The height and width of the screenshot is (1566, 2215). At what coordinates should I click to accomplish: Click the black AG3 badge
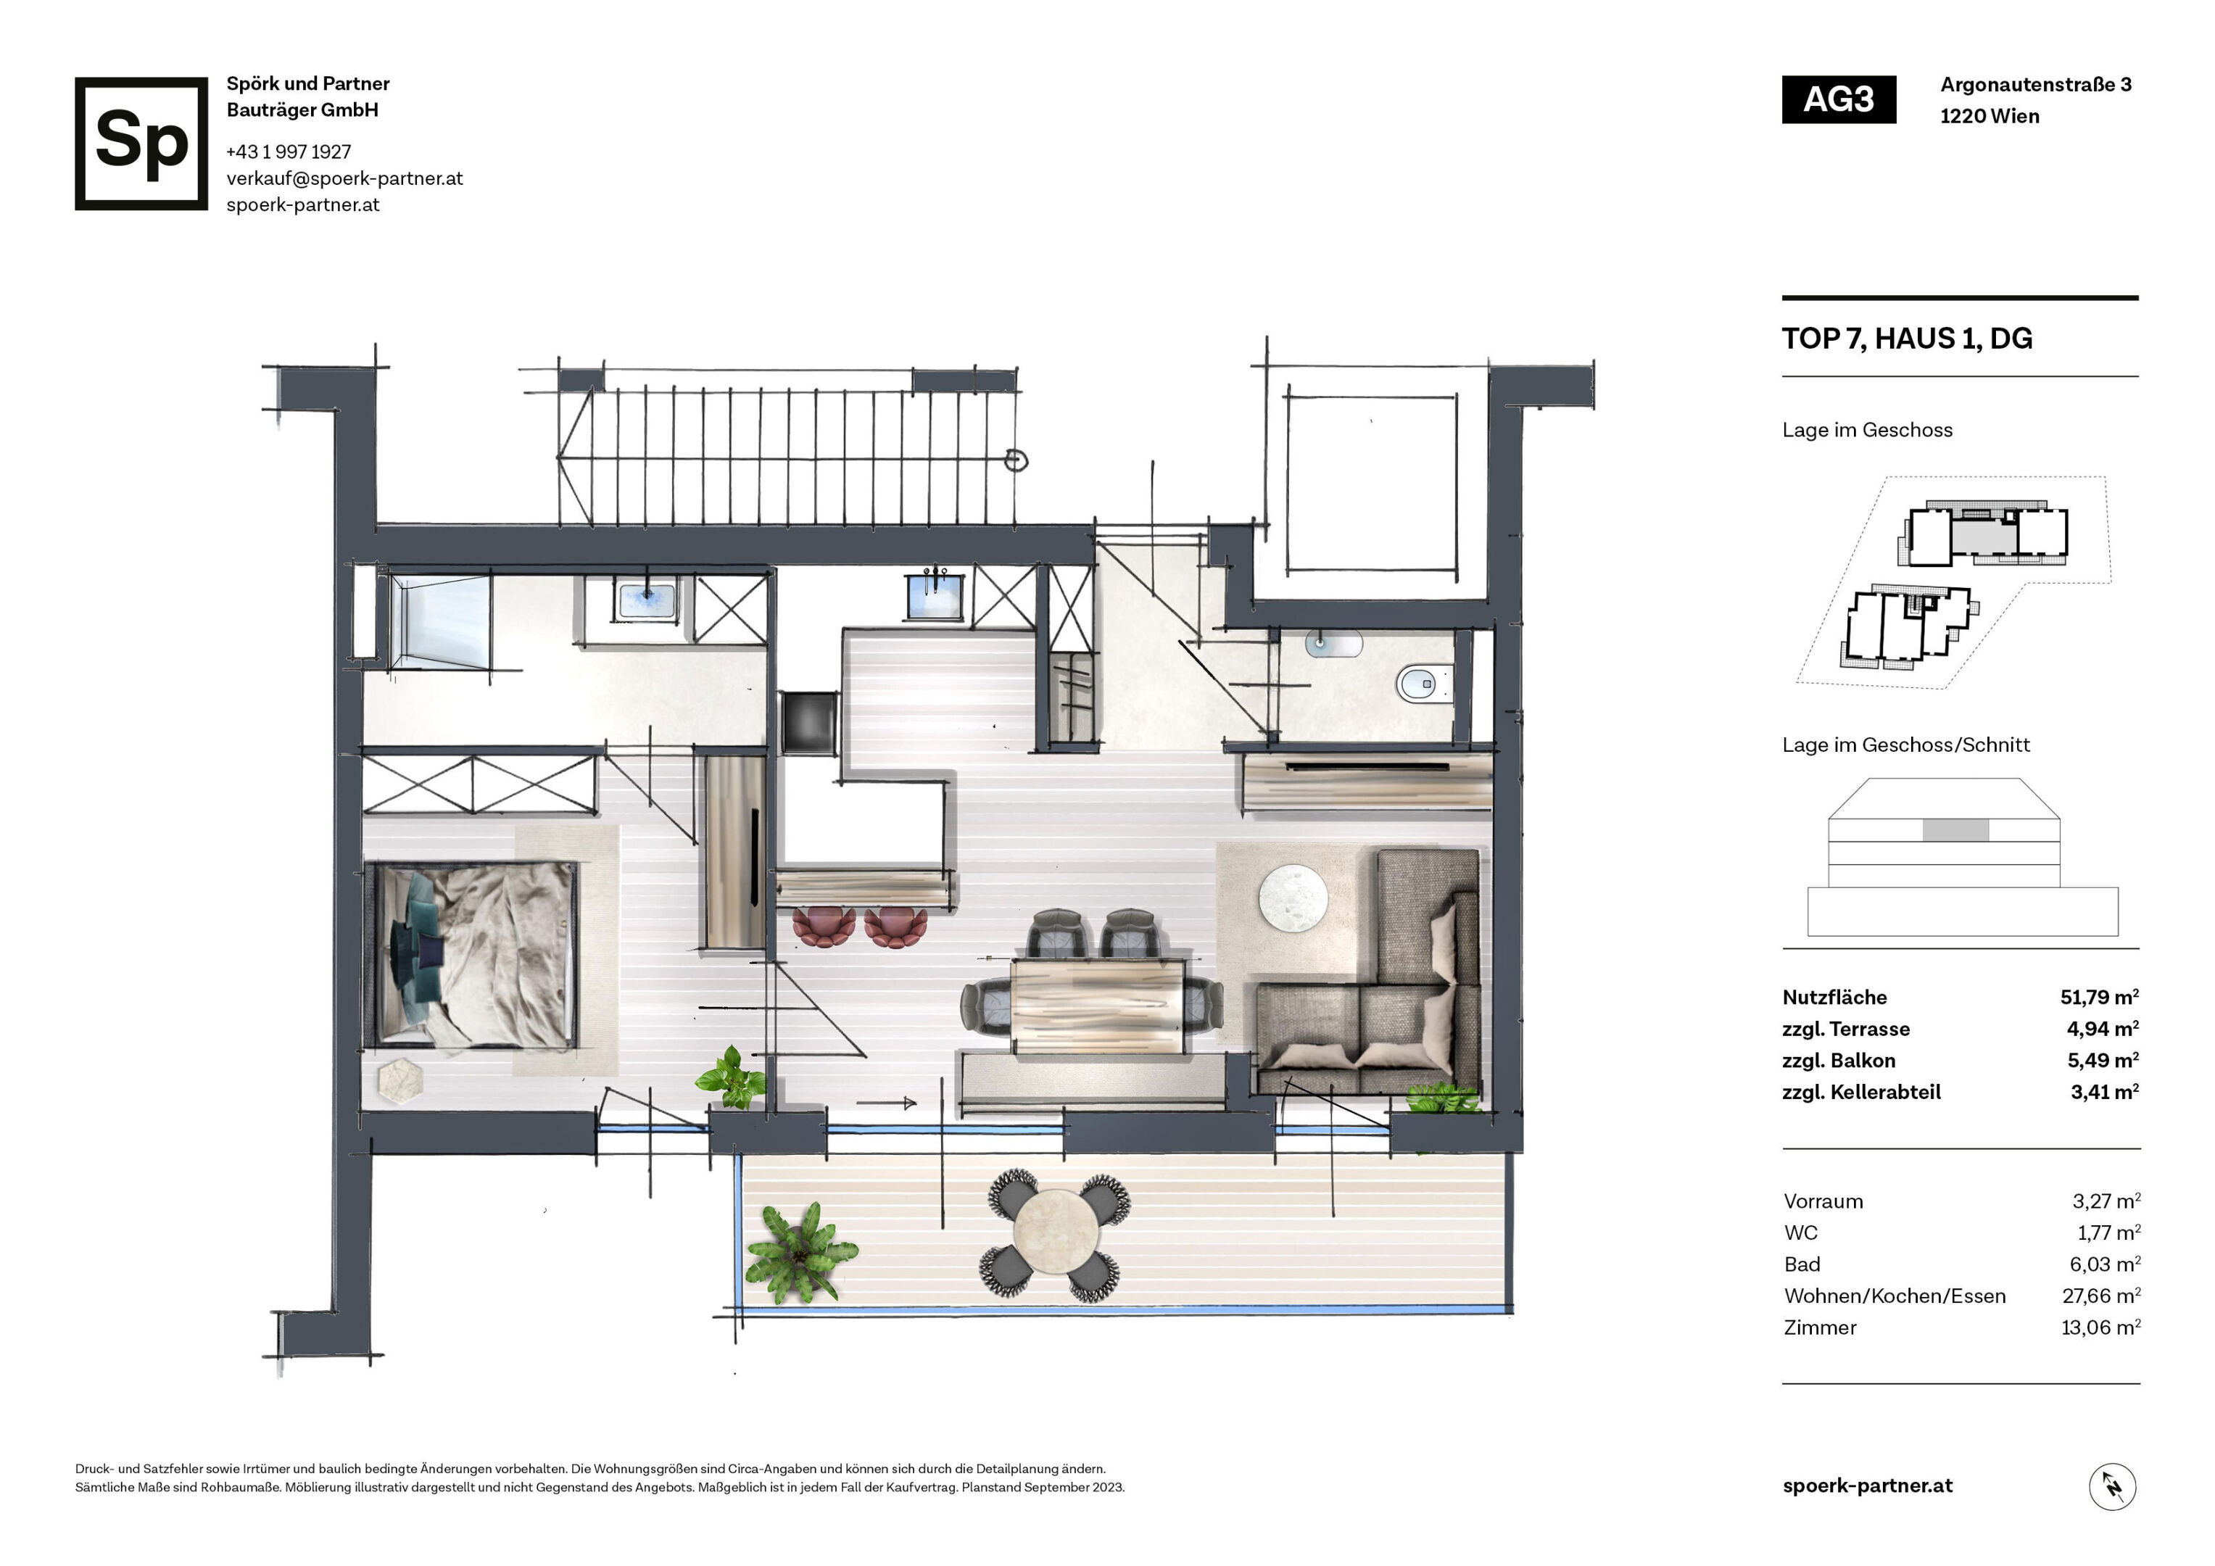(1838, 99)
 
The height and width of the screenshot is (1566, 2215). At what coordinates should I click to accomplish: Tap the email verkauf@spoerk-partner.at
(344, 178)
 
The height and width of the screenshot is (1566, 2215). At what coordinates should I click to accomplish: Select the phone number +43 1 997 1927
(289, 152)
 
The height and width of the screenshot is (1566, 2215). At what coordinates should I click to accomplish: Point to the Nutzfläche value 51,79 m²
(2099, 997)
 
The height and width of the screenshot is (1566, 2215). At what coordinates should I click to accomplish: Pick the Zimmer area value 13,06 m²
(2100, 1327)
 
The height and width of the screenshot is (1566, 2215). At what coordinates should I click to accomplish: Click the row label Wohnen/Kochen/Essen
(1895, 1296)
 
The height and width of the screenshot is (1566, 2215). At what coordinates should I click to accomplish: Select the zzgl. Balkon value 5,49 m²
(2102, 1061)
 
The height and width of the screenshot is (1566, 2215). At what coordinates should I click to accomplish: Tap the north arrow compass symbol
(2112, 1486)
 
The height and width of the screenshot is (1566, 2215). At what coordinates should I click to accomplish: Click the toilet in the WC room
(1423, 684)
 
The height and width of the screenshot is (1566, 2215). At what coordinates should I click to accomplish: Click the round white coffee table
(1293, 899)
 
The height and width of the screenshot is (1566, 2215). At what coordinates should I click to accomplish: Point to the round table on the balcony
(1056, 1235)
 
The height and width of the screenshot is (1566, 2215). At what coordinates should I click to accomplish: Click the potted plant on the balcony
(799, 1251)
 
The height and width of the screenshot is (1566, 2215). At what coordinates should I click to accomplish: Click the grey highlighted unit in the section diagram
(1955, 830)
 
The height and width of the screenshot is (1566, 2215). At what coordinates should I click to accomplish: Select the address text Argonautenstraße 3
(2036, 85)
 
